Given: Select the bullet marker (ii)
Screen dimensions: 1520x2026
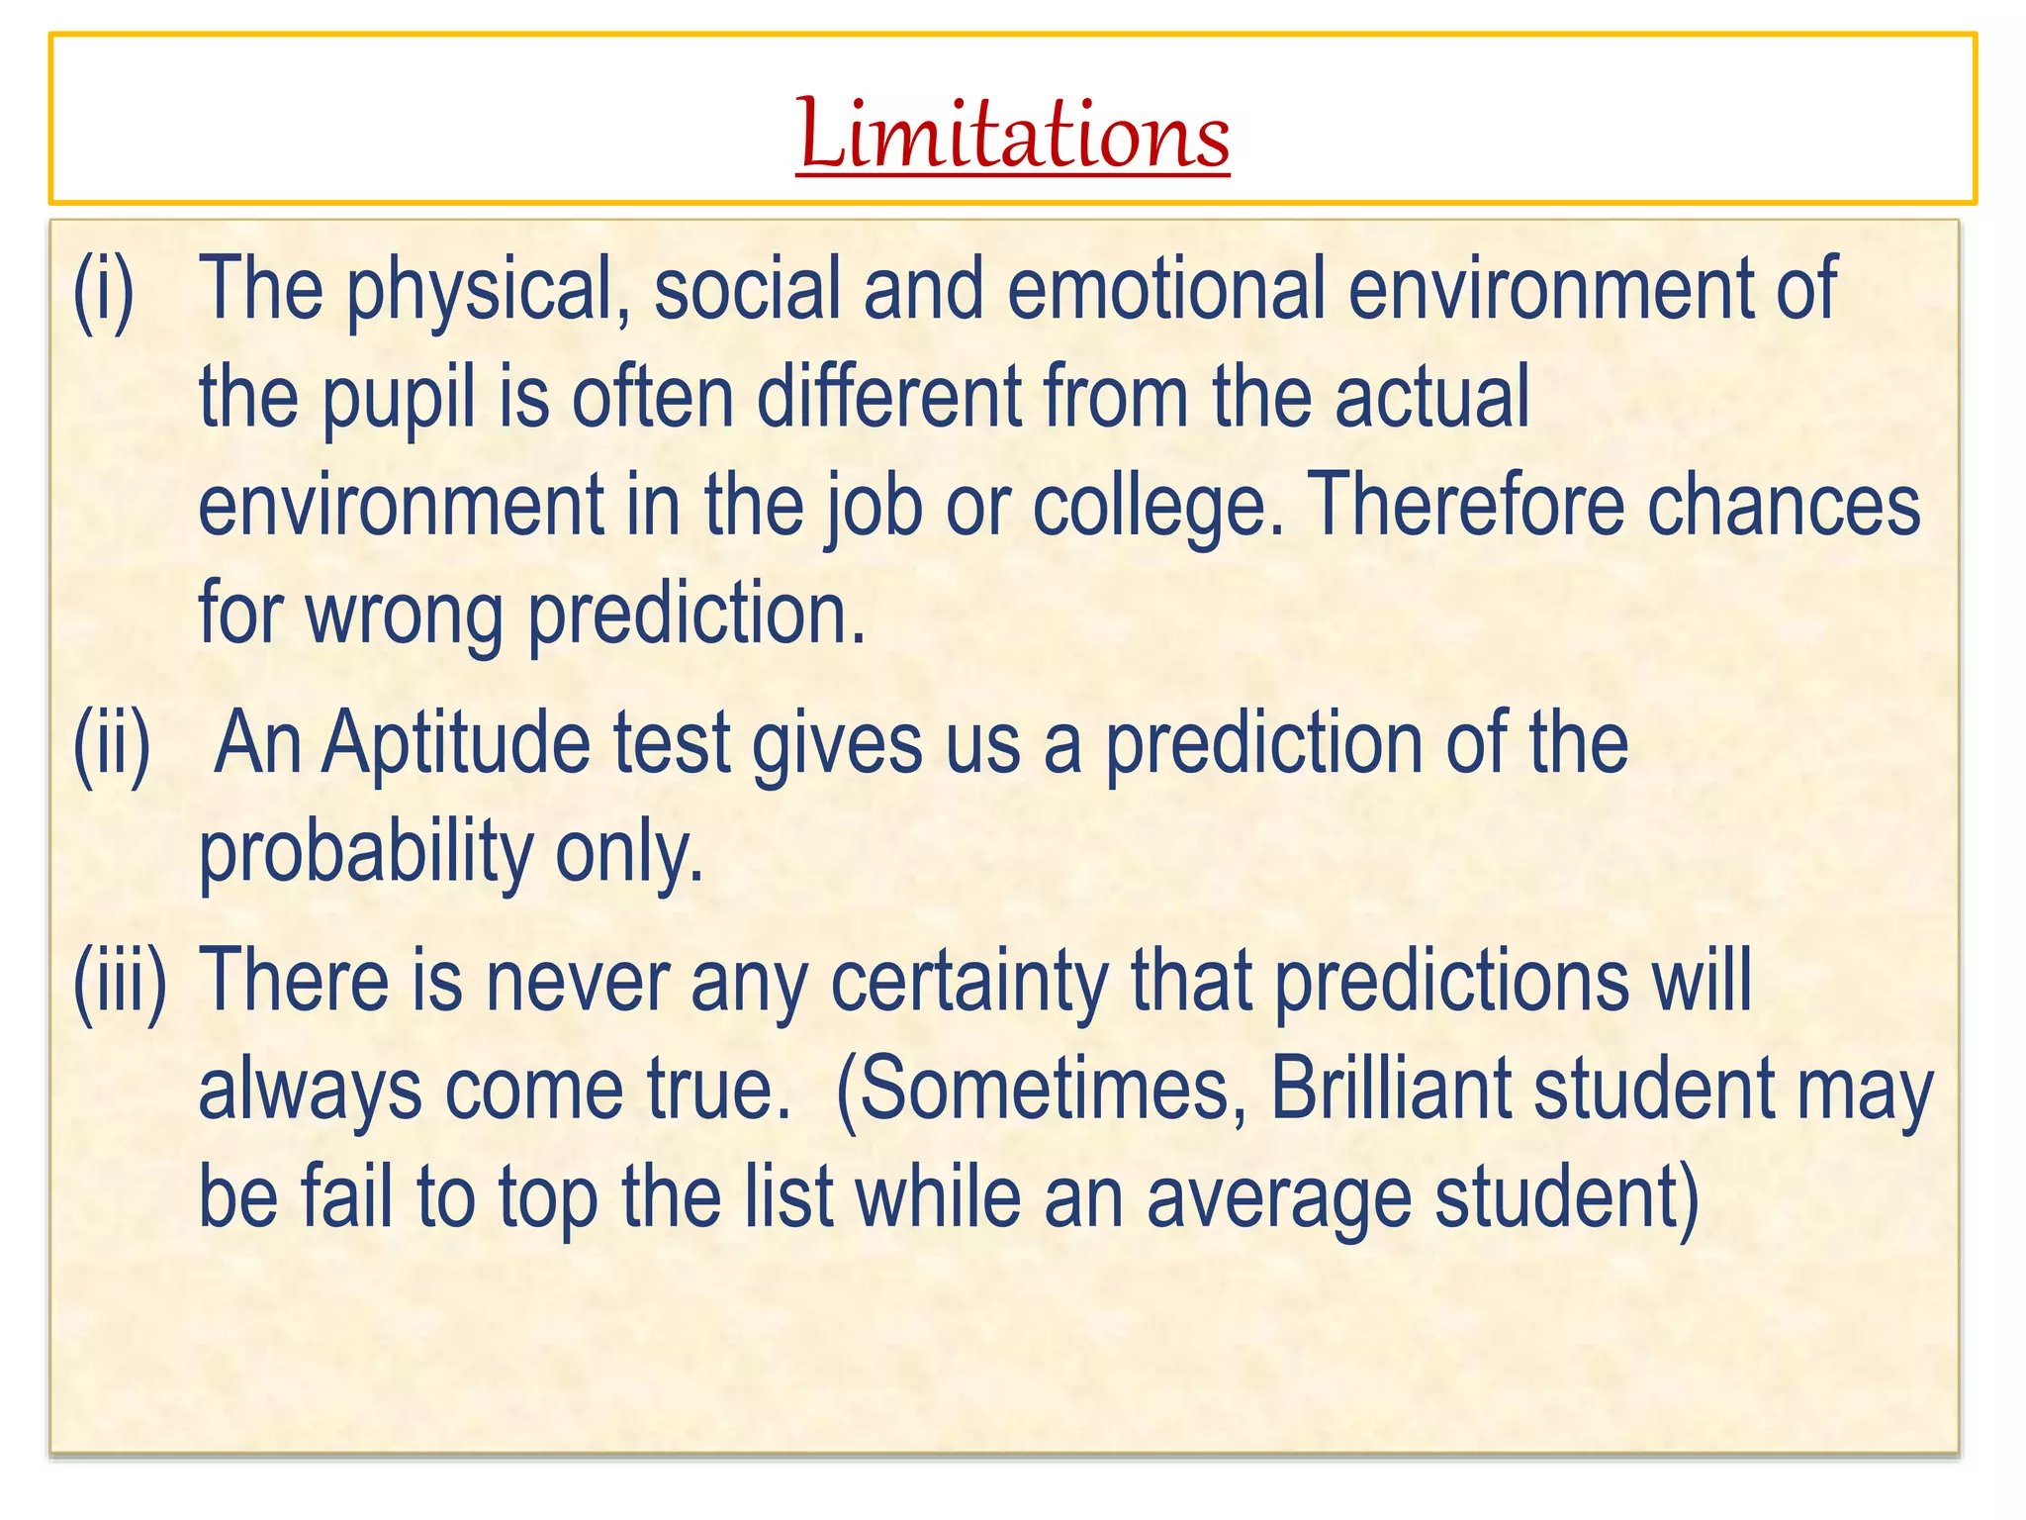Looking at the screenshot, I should tap(112, 744).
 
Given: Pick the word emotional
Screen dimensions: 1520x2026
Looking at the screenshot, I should tap(1166, 289).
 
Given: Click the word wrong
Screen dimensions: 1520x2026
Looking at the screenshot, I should tap(404, 616).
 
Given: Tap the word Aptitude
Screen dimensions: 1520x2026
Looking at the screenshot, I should tap(456, 744).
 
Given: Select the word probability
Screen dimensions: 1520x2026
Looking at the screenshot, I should tap(366, 853).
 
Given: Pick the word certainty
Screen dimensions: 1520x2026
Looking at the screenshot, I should tap(969, 982).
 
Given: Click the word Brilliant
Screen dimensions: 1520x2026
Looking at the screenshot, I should tap(1390, 1089).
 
